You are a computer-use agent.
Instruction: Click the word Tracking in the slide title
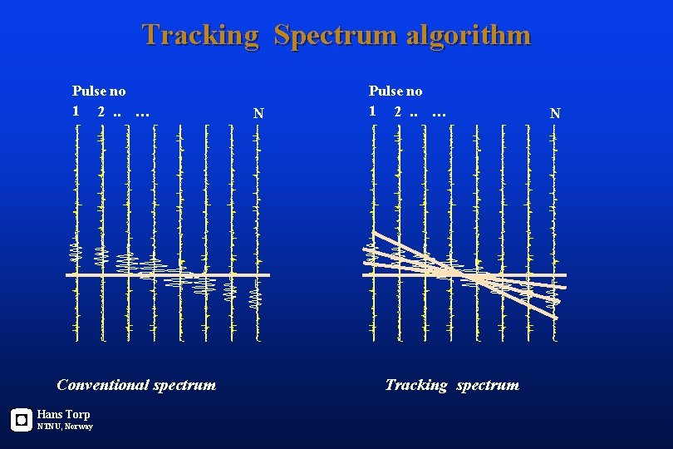pos(200,35)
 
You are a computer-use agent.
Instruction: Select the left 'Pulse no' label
pos(99,91)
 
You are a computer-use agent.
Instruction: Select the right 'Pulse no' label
pos(395,91)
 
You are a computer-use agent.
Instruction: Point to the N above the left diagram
pos(258,113)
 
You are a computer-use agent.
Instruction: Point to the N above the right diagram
pos(555,113)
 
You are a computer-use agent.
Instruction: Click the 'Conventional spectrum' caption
pos(136,384)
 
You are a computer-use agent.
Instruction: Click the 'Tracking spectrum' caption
pos(452,384)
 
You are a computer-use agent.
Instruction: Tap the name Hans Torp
pos(63,414)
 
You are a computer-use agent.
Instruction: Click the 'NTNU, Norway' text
pos(65,427)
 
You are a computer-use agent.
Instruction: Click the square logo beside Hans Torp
pos(21,420)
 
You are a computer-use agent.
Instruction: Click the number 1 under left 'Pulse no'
pos(76,111)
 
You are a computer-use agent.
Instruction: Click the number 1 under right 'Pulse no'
pos(373,111)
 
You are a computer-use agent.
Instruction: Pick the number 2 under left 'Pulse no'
pos(101,111)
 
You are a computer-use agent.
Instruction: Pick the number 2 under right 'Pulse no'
pos(398,111)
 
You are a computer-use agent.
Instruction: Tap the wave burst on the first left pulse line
pos(76,250)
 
